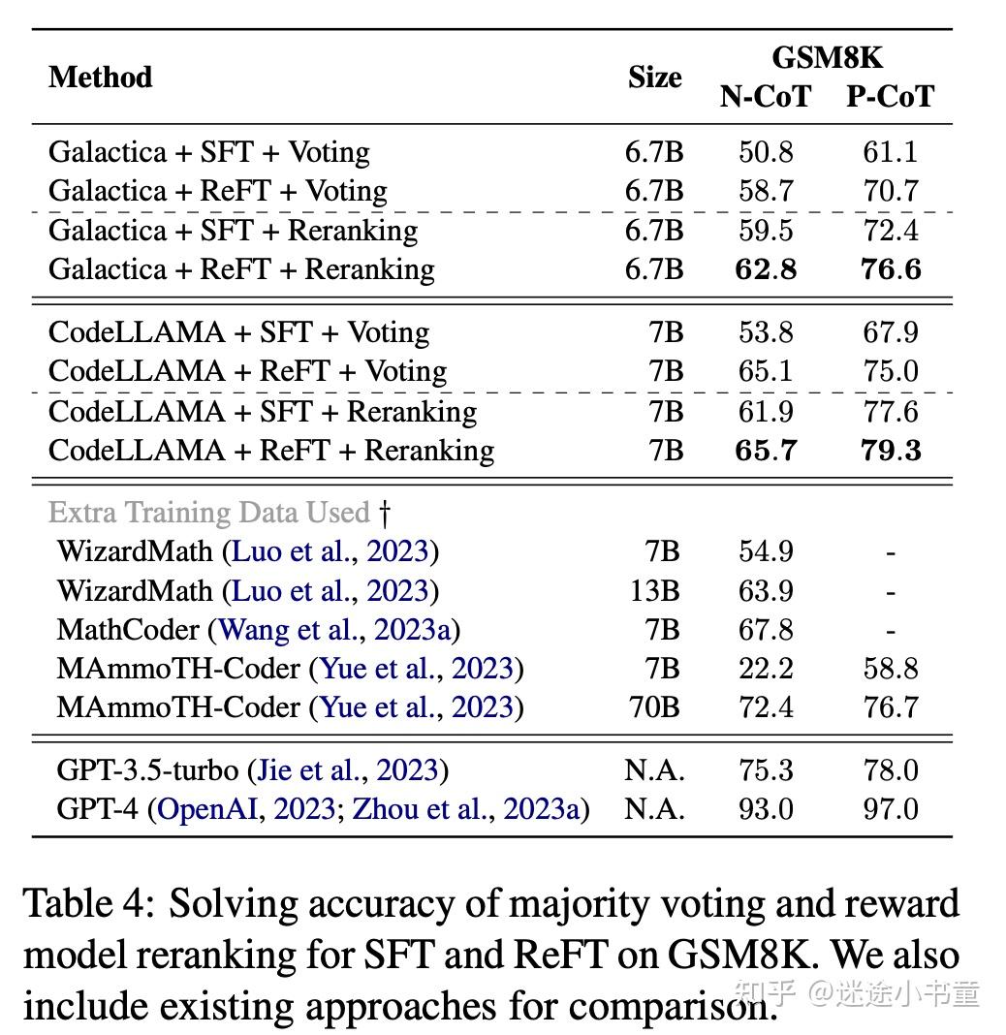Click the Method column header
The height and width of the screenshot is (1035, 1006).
click(x=100, y=77)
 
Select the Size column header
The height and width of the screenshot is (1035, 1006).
click(x=654, y=78)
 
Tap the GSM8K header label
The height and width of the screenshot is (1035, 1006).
click(x=827, y=57)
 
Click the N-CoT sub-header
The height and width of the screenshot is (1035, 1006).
click(x=766, y=97)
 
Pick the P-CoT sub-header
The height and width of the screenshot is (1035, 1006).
click(x=890, y=97)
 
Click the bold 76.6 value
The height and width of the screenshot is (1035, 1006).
click(x=890, y=268)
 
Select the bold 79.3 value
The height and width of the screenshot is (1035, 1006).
click(x=890, y=450)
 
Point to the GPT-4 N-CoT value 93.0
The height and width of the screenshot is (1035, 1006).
click(x=766, y=808)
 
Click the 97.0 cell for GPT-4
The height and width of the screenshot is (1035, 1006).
click(x=890, y=808)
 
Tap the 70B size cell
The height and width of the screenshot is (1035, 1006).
click(x=654, y=707)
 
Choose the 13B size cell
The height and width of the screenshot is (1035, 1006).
click(x=654, y=590)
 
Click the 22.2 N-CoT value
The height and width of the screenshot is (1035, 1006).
click(x=766, y=669)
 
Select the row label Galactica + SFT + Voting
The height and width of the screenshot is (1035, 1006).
click(x=208, y=152)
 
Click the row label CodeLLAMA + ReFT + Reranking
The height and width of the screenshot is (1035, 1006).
click(x=270, y=450)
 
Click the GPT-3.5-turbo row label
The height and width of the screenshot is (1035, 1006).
click(x=147, y=770)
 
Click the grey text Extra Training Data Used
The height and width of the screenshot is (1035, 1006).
click(x=209, y=512)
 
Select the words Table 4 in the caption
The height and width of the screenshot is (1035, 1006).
click(x=88, y=903)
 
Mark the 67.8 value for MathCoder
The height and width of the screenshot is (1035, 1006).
click(x=766, y=630)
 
